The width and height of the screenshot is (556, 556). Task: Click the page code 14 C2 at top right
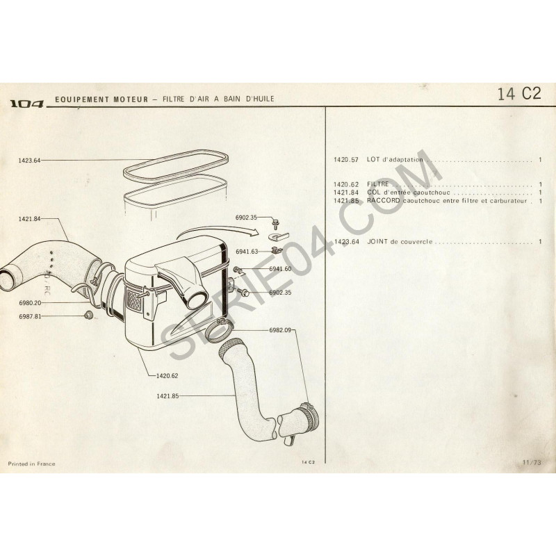(x=519, y=94)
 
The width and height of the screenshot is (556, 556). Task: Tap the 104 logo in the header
(x=27, y=104)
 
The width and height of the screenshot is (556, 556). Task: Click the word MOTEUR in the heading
(x=131, y=99)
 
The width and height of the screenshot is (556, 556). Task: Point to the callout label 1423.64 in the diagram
(x=29, y=161)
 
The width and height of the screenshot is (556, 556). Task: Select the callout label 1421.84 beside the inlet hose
(x=29, y=219)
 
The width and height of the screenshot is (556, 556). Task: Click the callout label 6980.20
(x=30, y=303)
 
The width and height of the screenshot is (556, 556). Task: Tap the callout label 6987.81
(x=30, y=317)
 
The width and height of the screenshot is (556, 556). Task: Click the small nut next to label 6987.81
(x=88, y=315)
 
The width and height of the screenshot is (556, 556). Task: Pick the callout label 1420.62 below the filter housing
(x=167, y=376)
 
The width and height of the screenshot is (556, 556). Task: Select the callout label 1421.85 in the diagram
(x=167, y=396)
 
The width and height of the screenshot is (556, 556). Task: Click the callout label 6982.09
(x=280, y=330)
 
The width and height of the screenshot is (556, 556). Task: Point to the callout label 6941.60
(x=280, y=269)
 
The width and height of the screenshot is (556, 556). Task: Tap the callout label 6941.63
(x=247, y=252)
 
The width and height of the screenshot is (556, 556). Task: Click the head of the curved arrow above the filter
(x=255, y=231)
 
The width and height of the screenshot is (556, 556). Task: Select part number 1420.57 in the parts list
(x=346, y=160)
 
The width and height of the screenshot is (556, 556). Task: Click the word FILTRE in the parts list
(x=378, y=184)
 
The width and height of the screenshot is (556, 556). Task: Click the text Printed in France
(x=31, y=464)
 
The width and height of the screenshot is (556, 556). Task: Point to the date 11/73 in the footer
(x=532, y=462)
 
